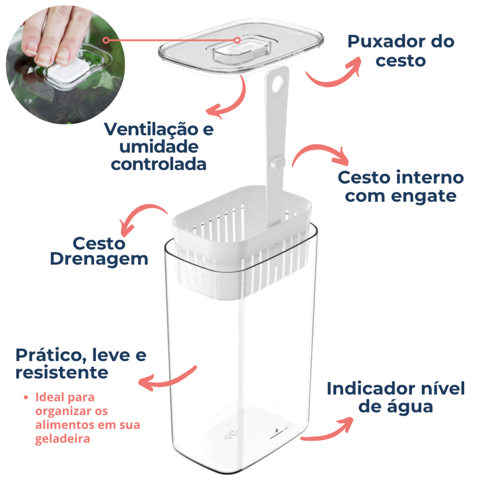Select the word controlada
159,164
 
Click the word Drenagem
99,259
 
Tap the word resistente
62,373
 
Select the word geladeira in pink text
63,439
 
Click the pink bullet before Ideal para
26,397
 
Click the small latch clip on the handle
278,162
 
